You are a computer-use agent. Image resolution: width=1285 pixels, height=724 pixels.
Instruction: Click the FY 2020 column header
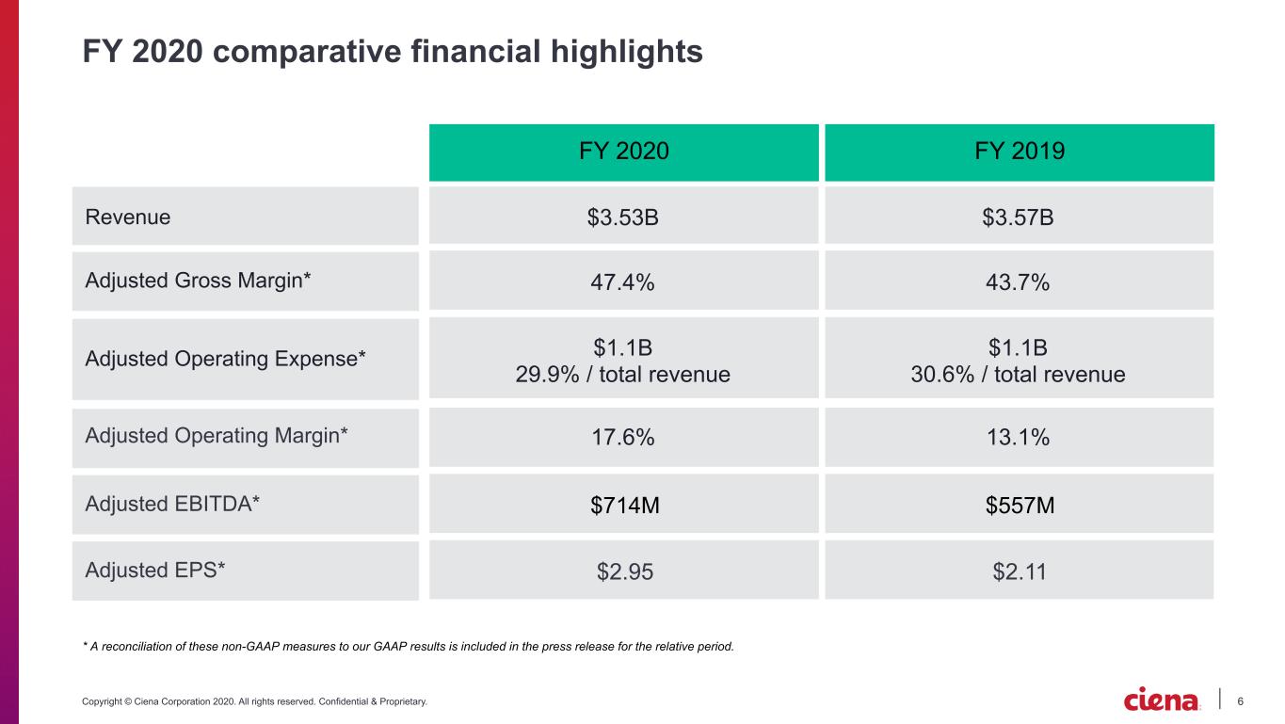pos(623,151)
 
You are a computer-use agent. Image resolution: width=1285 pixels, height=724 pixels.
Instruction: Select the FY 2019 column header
pos(1020,151)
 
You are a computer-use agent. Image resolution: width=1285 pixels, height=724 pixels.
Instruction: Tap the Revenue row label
pos(127,217)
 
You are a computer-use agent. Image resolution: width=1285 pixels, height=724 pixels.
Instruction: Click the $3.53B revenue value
pos(622,217)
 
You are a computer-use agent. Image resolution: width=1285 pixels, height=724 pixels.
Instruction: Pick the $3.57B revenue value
pos(1018,217)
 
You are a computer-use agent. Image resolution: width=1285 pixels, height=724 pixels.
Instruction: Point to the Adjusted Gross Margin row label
pos(198,281)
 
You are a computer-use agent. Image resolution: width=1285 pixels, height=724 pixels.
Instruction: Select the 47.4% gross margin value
pos(622,282)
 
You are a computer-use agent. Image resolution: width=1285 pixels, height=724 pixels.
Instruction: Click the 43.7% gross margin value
pos(1018,282)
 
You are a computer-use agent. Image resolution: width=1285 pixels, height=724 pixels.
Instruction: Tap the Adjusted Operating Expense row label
pos(225,359)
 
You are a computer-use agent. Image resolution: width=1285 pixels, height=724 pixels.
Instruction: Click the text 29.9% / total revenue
pos(622,375)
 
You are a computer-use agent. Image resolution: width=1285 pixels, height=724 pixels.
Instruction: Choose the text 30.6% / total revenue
pos(1018,375)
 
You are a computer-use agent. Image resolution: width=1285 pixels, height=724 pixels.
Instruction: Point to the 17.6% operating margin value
pos(623,437)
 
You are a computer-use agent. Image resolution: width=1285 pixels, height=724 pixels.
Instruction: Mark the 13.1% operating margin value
pos(1019,437)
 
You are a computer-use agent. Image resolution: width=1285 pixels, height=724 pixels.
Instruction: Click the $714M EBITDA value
pos(625,506)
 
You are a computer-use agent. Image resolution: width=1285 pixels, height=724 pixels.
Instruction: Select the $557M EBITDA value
pos(1020,506)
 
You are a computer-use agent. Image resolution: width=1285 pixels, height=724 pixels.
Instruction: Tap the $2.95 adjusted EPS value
pos(625,571)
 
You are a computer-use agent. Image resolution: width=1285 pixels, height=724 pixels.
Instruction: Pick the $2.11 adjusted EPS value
pos(1020,571)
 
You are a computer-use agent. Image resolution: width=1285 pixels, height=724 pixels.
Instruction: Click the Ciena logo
pos(1161,699)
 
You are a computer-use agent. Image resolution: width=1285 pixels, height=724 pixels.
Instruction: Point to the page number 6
pos(1240,701)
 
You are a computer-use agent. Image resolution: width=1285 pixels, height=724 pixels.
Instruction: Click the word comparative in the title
pos(307,52)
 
